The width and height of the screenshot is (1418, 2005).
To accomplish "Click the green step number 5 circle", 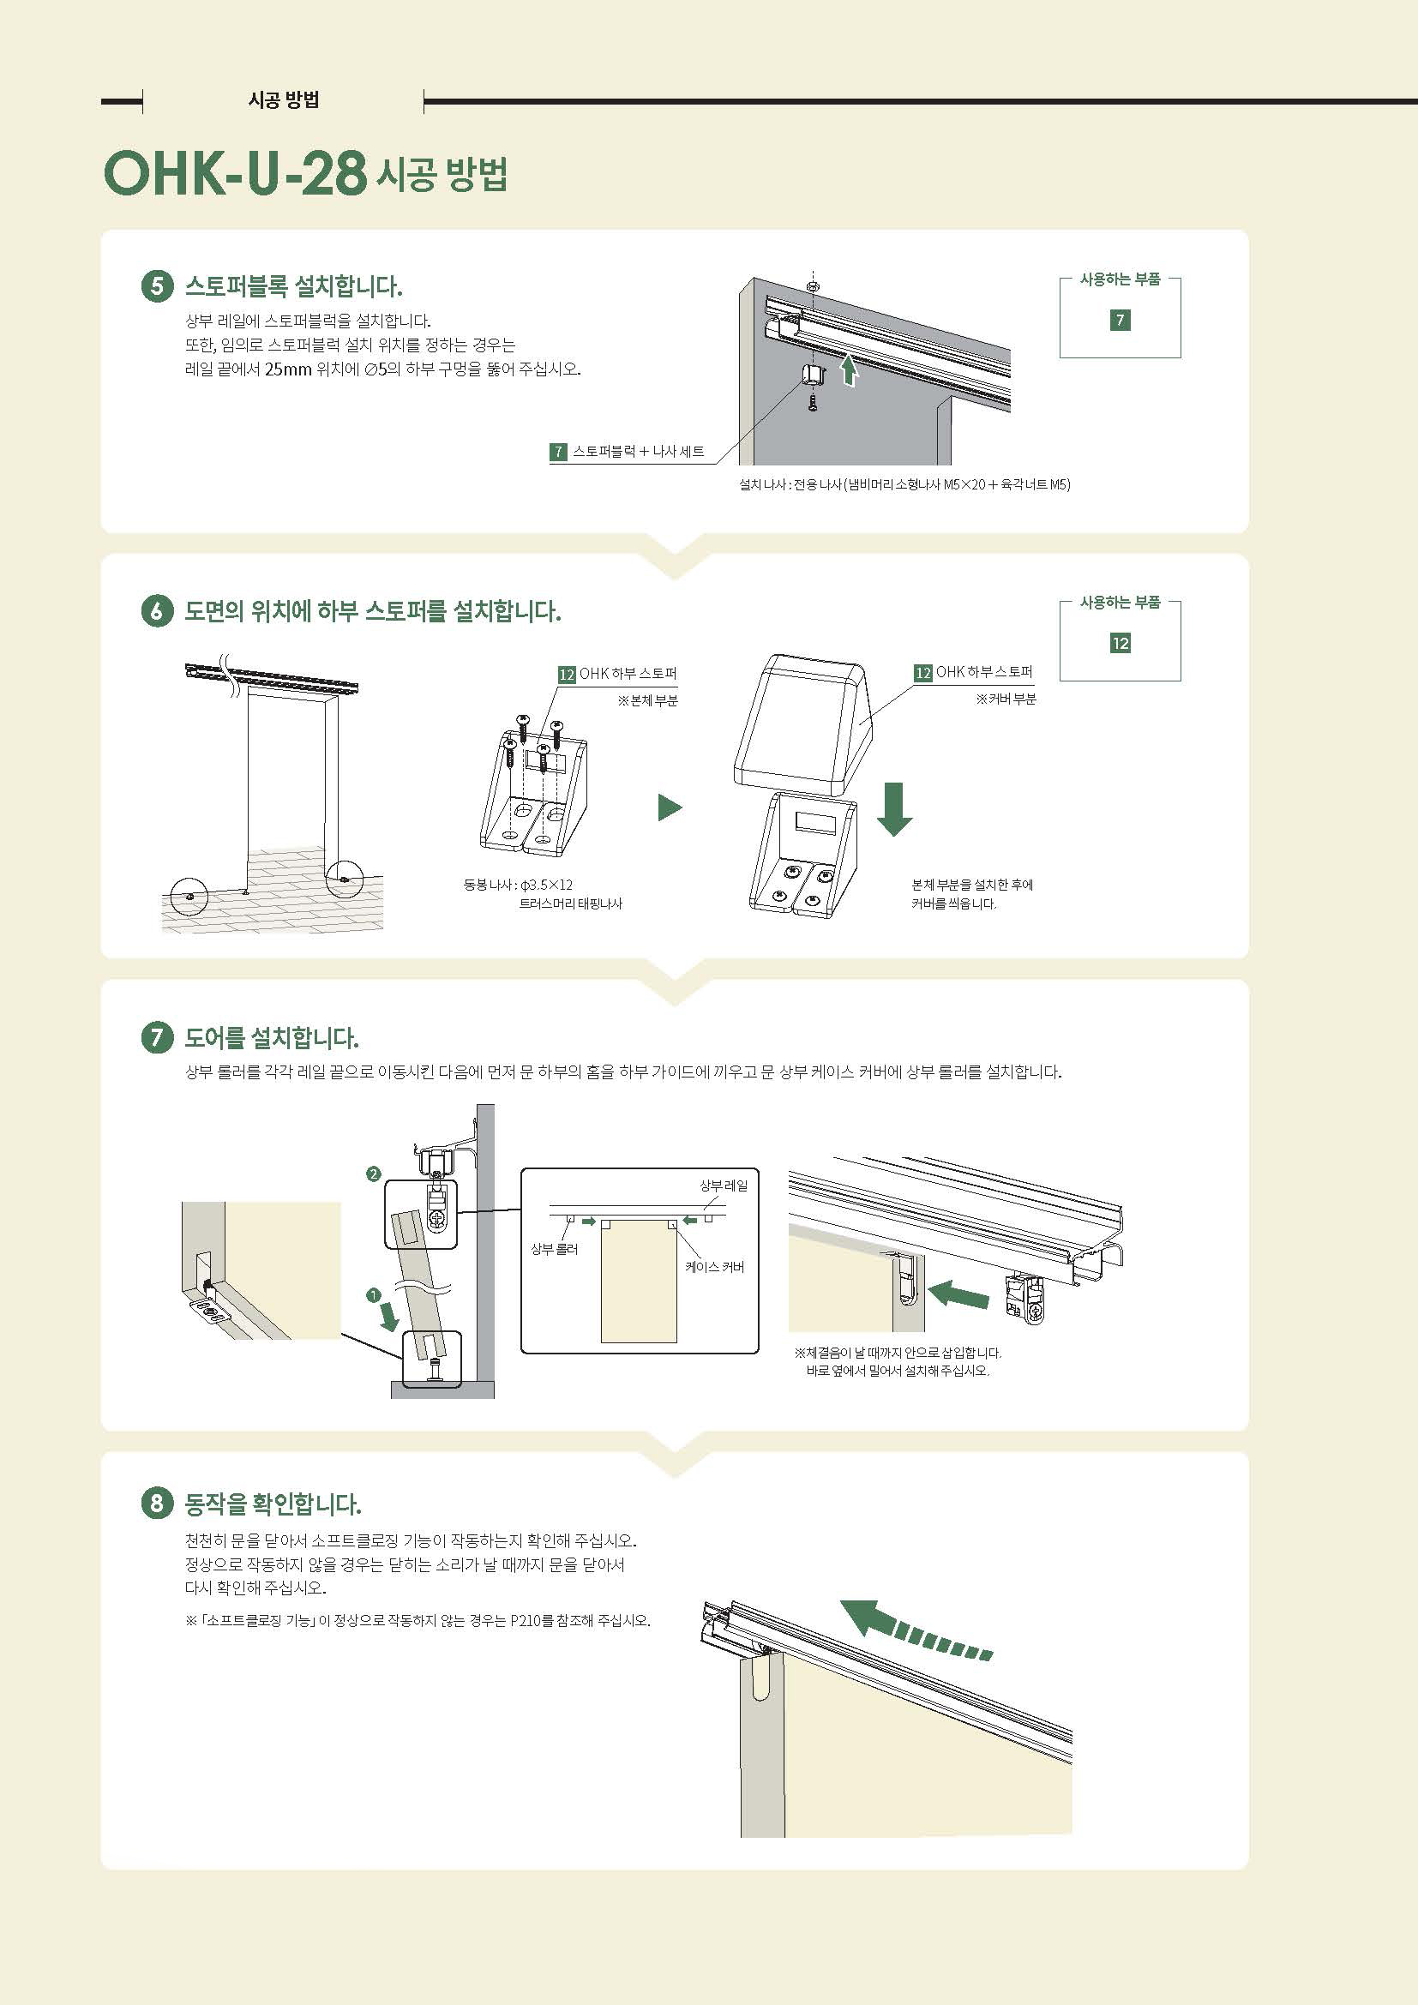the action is coord(157,286).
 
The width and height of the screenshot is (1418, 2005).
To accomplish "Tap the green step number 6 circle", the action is coord(157,611).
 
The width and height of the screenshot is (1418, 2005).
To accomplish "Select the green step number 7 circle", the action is coord(157,1037).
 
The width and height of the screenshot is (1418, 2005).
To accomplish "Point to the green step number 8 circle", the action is coord(157,1503).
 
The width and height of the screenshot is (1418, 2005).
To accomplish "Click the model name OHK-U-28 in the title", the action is coord(235,173).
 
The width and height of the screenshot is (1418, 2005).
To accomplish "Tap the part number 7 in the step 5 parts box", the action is coord(1120,320).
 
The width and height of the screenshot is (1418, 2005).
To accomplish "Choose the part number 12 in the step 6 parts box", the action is coord(1120,644).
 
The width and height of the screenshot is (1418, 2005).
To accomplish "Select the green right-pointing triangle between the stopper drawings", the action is coord(669,807).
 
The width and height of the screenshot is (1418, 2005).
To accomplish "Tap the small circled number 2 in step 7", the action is coord(373,1174).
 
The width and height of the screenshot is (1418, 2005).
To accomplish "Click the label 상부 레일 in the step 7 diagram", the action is coord(723,1185).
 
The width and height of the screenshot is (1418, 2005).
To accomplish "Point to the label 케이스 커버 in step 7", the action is coord(714,1266).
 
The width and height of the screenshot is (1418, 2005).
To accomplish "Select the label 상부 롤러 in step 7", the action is coord(555,1249).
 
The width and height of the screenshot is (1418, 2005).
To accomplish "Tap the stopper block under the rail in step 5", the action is coord(812,375).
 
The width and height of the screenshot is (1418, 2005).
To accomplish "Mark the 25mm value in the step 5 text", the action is coord(288,369).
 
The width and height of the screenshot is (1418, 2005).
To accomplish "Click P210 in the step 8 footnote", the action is coord(526,1620).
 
